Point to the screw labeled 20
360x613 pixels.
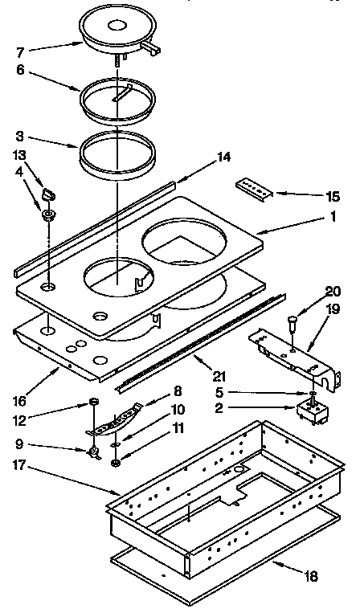(x=292, y=323)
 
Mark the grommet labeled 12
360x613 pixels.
(x=94, y=402)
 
